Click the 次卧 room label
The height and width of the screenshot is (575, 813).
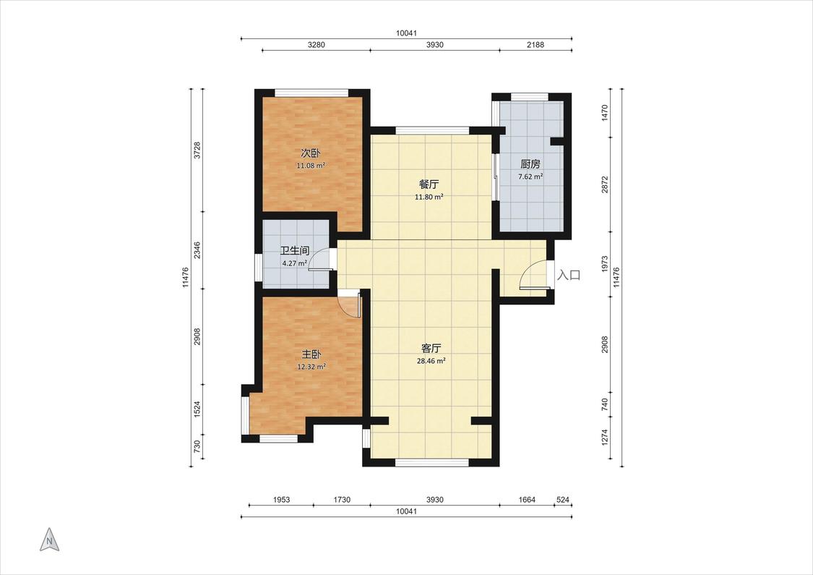311,153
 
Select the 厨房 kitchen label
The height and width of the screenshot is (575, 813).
530,164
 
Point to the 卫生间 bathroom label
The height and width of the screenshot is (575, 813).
295,251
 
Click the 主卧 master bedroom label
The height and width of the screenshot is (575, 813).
311,354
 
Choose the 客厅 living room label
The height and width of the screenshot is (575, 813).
431,348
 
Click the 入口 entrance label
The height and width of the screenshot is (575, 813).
568,275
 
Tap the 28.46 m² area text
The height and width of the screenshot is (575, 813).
431,361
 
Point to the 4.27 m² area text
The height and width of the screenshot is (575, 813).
295,263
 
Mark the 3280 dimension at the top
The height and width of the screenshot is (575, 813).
317,45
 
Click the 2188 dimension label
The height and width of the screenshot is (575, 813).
535,45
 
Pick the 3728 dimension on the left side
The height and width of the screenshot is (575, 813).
197,150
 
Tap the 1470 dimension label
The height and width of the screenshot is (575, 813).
604,113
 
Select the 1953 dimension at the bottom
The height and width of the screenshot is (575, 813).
281,500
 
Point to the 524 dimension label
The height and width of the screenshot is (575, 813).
562,500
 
